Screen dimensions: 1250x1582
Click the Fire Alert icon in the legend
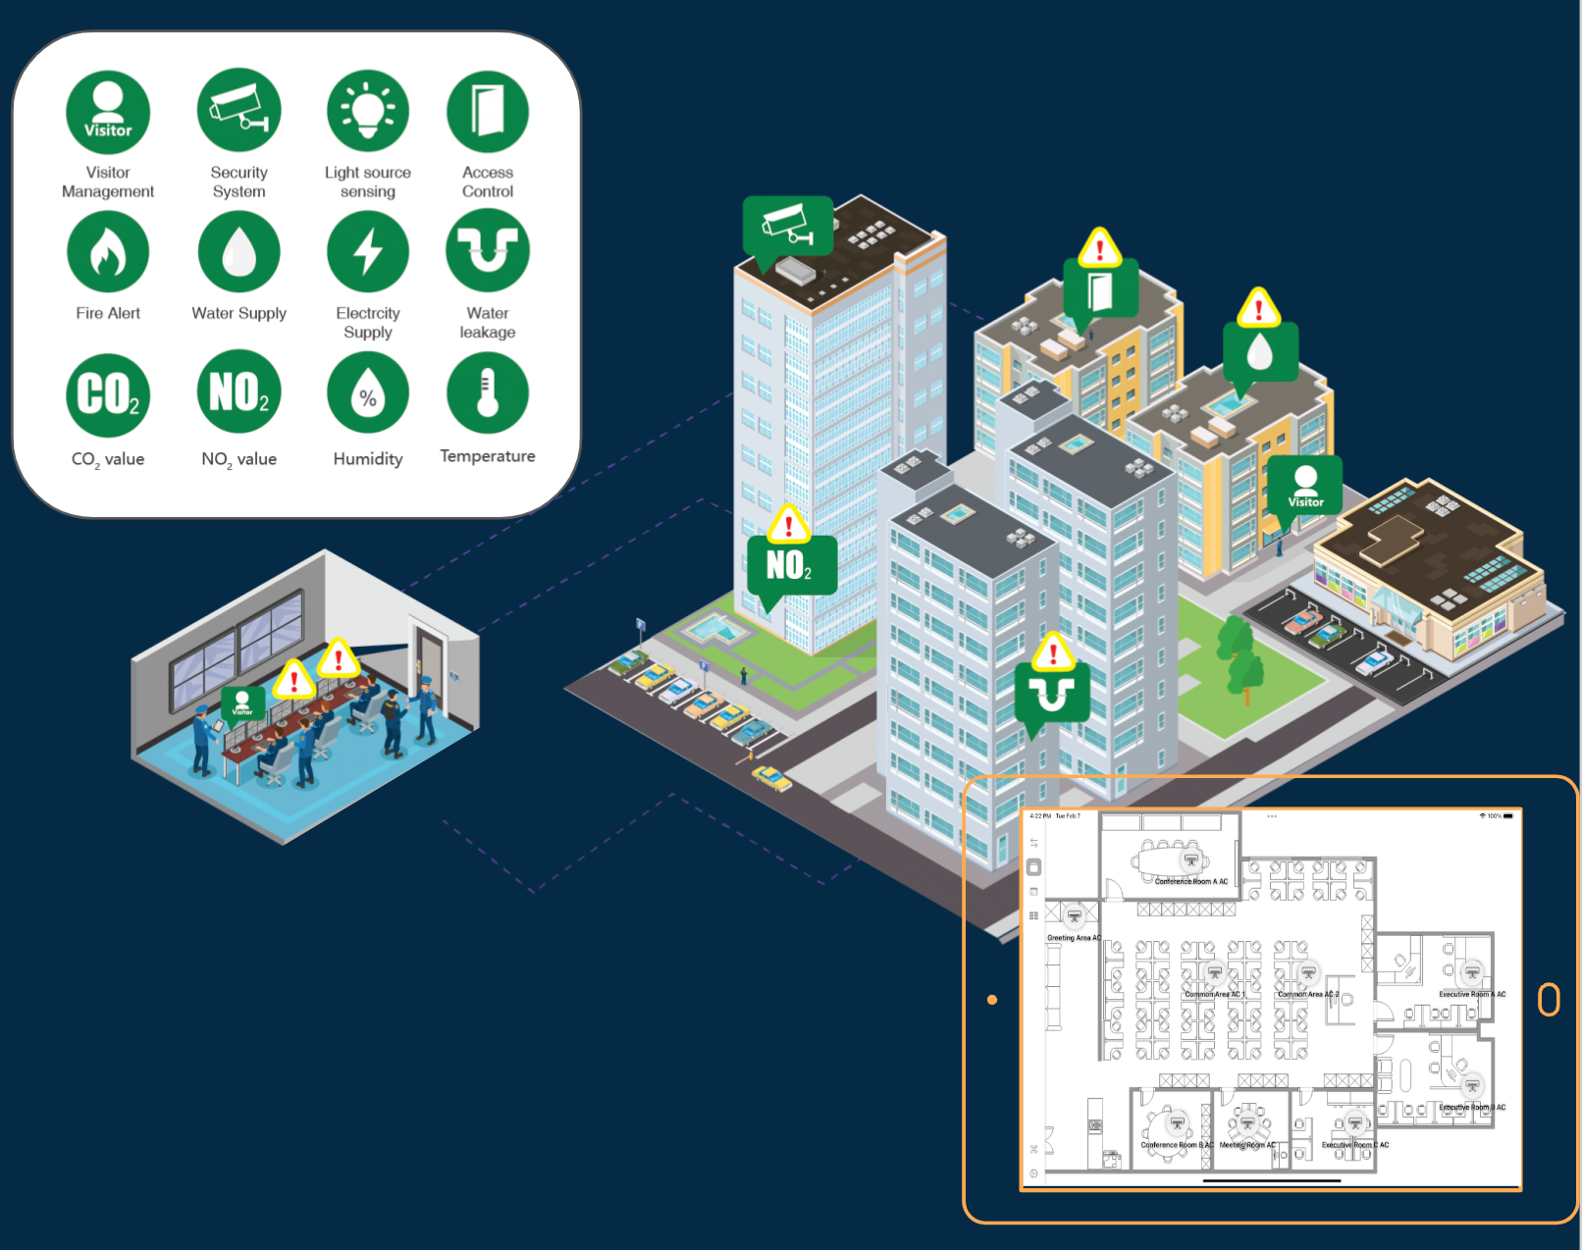coord(108,252)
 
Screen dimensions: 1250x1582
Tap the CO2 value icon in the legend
coord(108,394)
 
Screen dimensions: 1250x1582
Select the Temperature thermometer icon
coord(488,392)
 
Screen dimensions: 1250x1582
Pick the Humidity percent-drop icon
coord(368,392)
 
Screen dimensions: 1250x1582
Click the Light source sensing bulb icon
coord(368,111)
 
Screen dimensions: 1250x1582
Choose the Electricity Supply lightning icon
coord(368,252)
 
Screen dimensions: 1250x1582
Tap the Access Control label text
coord(488,182)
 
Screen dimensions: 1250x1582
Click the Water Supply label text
coord(238,313)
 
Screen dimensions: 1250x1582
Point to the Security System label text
coord(238,182)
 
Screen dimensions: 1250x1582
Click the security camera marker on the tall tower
coord(788,226)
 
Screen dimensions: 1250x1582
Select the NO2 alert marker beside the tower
coord(791,564)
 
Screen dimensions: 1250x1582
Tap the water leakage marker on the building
coord(1052,692)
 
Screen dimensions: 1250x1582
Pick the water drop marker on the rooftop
coord(1260,351)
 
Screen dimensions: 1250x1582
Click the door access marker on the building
coord(1100,289)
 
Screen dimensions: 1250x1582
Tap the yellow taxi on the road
coord(772,779)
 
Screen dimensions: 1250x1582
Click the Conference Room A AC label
coord(1191,881)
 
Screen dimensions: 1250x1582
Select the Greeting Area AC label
coord(1074,938)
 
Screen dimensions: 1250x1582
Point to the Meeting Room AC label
coord(1247,1145)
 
